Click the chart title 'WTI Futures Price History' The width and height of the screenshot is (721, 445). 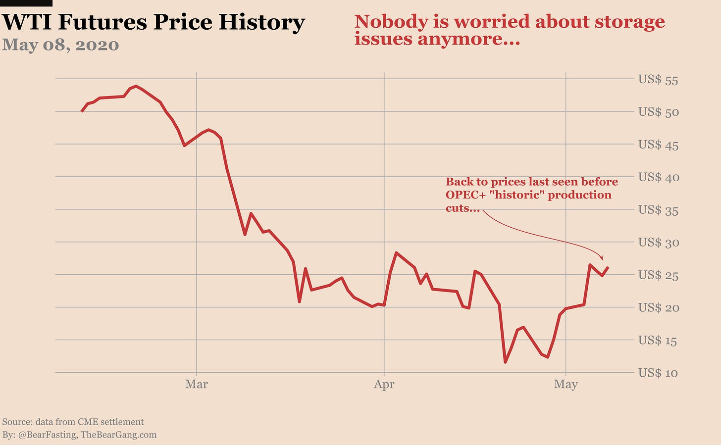154,22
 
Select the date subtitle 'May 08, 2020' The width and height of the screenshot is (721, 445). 60,45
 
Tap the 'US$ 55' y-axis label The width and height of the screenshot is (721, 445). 658,80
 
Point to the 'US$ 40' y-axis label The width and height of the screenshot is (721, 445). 658,177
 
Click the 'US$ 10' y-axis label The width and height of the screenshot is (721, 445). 658,373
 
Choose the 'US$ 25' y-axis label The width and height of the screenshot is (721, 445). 658,275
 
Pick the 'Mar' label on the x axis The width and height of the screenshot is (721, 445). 197,384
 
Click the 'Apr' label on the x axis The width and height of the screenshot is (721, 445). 384,384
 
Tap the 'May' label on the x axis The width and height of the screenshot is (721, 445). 566,384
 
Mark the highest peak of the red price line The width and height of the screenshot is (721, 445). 136,86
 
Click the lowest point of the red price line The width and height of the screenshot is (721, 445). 506,362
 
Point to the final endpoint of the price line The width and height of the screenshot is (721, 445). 608,267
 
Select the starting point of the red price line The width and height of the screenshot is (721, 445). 82,112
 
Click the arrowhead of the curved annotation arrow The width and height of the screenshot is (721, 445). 602,258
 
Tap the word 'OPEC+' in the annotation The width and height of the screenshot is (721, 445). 465,195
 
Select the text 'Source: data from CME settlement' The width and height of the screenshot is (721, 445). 73,422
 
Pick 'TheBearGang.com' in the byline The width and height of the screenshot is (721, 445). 118,435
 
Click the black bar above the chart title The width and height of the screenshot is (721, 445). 26,3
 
